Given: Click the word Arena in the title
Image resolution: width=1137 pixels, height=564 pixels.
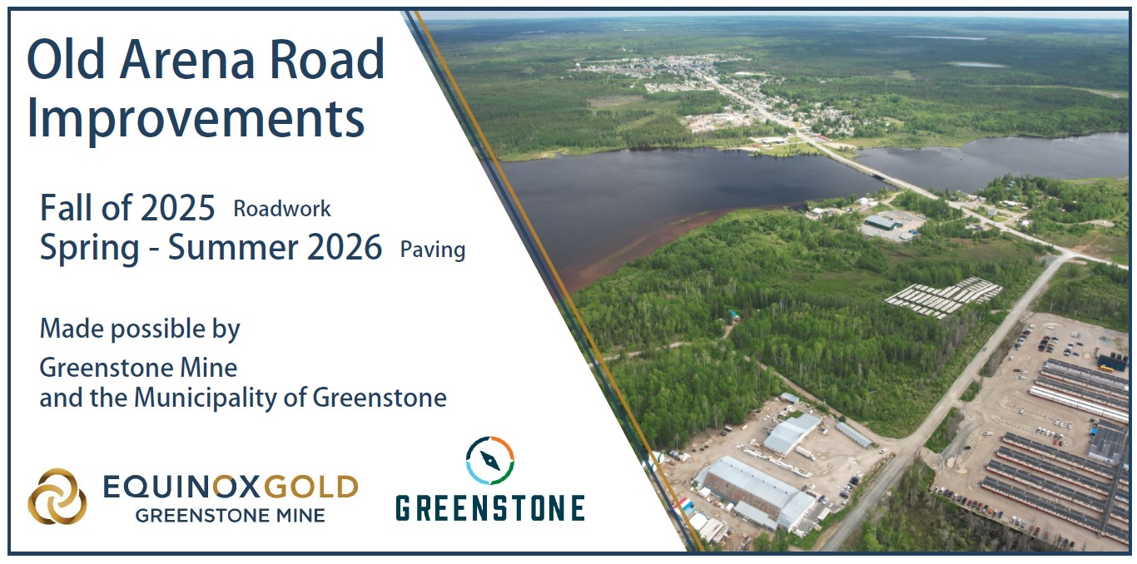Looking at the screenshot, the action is [186, 60].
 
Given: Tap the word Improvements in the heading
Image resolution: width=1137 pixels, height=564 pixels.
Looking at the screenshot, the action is [196, 119].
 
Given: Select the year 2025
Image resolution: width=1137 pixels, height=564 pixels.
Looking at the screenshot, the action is [177, 208].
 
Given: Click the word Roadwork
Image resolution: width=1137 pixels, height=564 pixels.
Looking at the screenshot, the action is [281, 209].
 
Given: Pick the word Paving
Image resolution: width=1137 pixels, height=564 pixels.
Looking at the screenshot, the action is [433, 250].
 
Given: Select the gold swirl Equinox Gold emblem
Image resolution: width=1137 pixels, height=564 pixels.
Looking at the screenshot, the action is [57, 496].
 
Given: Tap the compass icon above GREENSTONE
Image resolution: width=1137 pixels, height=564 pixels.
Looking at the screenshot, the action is [489, 461].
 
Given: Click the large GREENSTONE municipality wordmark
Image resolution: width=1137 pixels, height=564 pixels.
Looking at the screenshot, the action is [489, 509].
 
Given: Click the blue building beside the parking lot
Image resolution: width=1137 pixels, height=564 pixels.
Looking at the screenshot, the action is [1113, 362].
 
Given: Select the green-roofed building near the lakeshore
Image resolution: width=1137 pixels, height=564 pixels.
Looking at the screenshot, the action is [882, 222].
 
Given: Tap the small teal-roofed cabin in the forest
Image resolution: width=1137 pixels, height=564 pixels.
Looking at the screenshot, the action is [733, 315].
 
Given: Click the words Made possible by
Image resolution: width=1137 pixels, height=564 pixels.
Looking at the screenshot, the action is [140, 329].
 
